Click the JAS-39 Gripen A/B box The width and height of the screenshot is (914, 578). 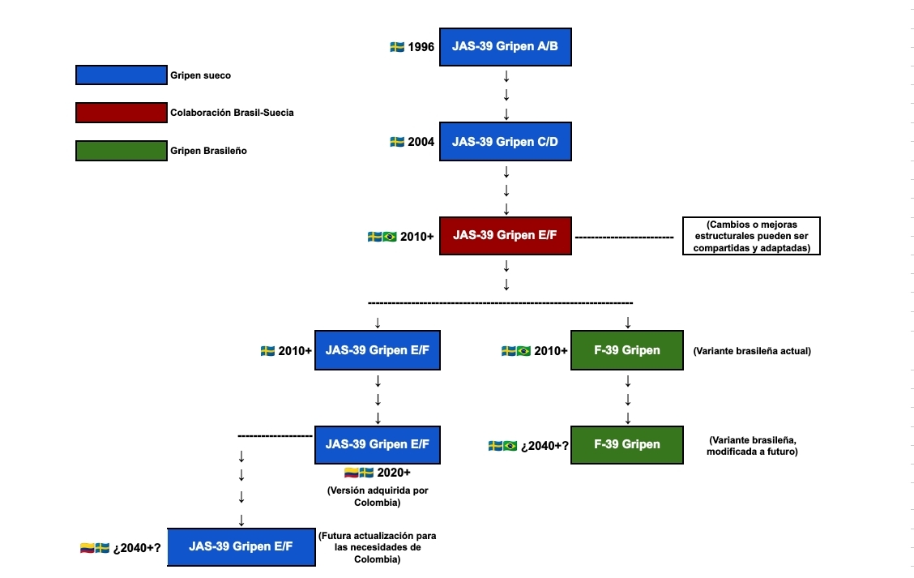(x=506, y=47)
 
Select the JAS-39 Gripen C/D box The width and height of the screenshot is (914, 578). (x=506, y=142)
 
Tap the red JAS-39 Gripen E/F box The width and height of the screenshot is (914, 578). (x=506, y=236)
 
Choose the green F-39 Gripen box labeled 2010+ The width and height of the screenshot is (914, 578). (x=627, y=350)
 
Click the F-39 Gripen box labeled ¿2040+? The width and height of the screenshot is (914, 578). (x=627, y=444)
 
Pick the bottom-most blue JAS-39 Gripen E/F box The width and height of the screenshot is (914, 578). (x=241, y=546)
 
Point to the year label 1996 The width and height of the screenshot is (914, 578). (x=421, y=47)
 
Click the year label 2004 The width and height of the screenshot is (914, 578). (x=421, y=142)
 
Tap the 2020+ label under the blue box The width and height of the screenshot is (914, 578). (x=394, y=473)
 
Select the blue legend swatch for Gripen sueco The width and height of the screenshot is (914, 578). (x=122, y=75)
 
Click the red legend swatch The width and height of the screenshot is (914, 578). (x=122, y=113)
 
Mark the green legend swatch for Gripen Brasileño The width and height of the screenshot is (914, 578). (x=122, y=151)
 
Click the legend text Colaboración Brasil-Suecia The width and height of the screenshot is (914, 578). (x=232, y=113)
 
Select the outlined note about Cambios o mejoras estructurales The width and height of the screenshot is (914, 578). (x=751, y=236)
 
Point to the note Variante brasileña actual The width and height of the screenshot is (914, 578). (x=752, y=351)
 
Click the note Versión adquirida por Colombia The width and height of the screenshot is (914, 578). (x=378, y=496)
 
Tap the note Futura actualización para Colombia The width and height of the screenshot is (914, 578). (x=377, y=547)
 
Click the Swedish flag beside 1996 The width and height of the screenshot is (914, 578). (x=397, y=47)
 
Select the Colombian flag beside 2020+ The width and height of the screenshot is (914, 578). (x=352, y=473)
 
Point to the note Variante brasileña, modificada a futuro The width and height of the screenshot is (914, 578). (x=753, y=446)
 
